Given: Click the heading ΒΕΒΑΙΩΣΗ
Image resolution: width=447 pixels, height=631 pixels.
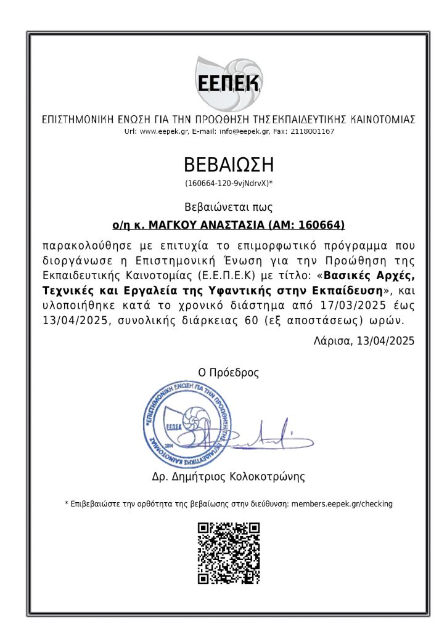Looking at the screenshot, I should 228,165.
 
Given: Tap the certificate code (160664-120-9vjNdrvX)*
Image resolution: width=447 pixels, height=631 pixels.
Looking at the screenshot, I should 229,184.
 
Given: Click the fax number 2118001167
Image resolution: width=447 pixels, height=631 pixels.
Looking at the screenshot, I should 312,131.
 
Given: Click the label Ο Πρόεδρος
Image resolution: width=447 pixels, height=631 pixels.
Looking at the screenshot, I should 228,372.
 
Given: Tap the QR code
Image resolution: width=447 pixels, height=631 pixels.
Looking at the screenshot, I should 229,553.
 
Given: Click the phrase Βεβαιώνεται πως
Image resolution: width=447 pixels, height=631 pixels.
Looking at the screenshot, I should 228,207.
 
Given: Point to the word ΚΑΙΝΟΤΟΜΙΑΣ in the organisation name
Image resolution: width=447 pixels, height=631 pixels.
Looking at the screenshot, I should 382,119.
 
